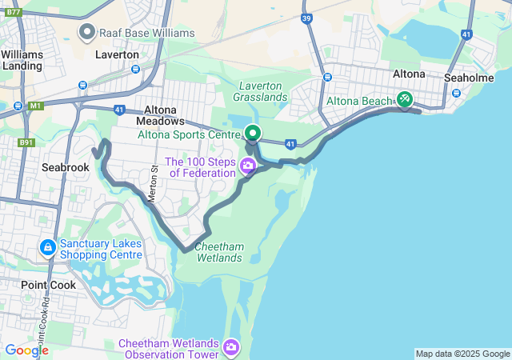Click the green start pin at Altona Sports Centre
253,133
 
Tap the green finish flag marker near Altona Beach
406,99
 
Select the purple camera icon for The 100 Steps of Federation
247,166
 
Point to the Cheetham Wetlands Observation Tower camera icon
231,346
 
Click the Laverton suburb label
117,54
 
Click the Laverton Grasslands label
260,91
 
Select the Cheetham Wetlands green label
219,253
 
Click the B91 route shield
26,142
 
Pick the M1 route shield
34,106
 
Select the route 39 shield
307,18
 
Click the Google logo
26,350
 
